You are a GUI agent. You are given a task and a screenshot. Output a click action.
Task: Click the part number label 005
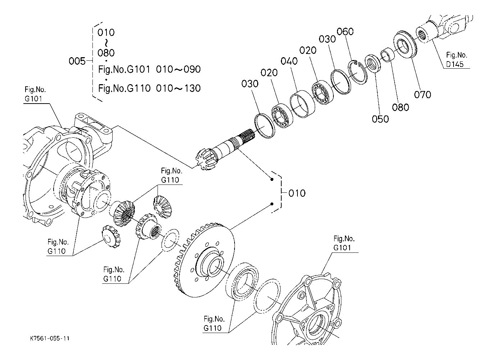coord(77,61)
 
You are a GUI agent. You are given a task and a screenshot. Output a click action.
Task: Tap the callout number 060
coord(345,32)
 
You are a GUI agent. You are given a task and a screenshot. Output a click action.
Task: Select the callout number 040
coord(289,61)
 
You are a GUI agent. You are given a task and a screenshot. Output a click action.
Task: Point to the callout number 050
coord(381,119)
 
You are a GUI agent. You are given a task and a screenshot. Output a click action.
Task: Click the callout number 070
coord(422,95)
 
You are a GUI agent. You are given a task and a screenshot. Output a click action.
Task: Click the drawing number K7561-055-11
coord(50,338)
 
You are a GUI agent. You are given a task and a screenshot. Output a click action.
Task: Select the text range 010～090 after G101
coord(178,69)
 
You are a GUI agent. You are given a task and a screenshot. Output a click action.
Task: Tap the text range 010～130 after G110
coord(178,88)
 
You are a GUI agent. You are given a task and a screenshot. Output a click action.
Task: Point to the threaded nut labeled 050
coord(372,64)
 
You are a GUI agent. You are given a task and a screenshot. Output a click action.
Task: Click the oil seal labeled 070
coord(405,44)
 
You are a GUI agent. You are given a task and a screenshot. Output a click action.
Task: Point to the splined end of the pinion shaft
coord(246,136)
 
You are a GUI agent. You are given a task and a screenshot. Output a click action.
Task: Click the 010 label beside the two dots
coord(297,193)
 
